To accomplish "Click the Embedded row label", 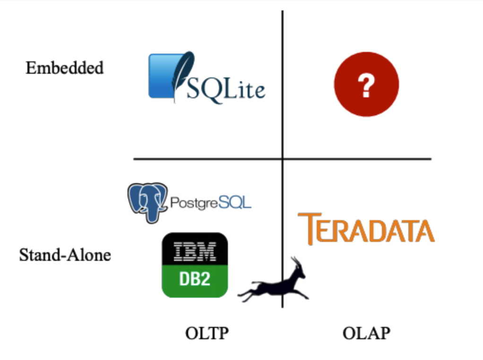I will coord(64,68).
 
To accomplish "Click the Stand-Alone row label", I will coord(65,256).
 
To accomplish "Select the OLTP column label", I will coord(207,334).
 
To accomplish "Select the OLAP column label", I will coord(366,334).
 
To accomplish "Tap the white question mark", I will coord(366,86).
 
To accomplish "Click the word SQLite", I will coord(226,88).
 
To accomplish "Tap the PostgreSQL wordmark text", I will coord(210,203).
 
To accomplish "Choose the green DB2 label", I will coord(195,280).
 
